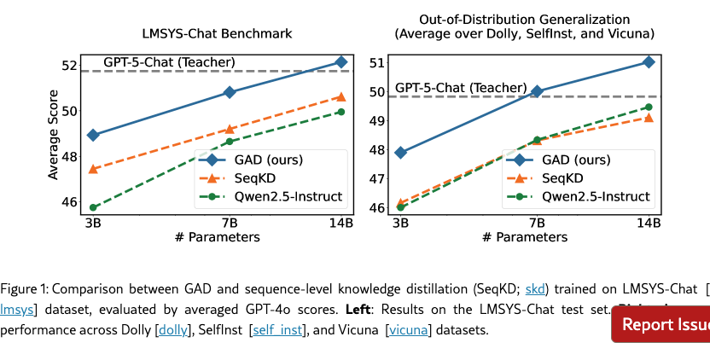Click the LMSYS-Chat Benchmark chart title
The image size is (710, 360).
pos(217,34)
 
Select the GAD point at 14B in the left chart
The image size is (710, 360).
pos(341,61)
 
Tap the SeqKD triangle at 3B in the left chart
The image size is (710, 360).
pos(93,169)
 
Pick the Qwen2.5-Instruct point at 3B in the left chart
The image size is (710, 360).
pos(93,207)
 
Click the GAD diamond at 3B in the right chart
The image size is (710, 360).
pos(401,153)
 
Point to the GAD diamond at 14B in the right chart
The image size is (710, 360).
pos(649,61)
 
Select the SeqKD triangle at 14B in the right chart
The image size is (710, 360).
pos(649,117)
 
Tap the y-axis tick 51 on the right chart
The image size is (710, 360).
pos(377,62)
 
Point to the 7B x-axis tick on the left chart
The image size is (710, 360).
pos(230,224)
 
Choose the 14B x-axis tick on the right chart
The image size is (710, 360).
pos(649,224)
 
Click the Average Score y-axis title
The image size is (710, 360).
pos(54,136)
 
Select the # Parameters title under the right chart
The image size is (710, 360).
pos(524,238)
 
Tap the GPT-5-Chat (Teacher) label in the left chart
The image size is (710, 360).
pos(169,62)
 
